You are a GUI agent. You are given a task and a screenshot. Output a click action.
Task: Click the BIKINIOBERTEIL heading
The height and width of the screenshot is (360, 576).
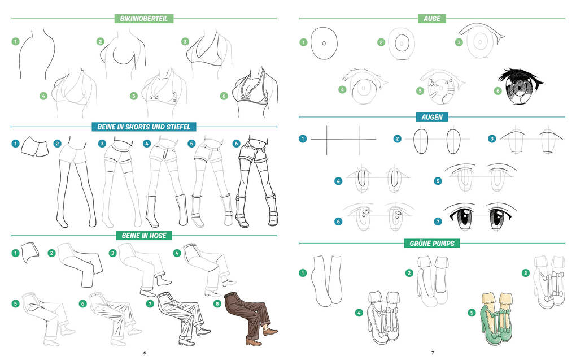tap(143, 19)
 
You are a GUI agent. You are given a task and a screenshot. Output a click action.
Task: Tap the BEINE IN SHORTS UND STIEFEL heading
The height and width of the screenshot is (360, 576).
tap(143, 127)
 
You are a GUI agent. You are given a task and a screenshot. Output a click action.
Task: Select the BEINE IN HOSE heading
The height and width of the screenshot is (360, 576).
tap(144, 235)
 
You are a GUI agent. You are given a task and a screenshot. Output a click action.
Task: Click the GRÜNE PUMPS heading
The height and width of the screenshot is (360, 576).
tap(432, 243)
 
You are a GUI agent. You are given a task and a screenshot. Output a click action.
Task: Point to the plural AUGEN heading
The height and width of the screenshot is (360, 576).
tap(432, 117)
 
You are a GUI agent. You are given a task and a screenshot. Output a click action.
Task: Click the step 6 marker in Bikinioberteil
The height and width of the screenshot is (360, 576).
tap(224, 96)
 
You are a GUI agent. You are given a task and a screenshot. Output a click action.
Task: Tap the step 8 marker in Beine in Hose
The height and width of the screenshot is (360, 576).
tap(217, 303)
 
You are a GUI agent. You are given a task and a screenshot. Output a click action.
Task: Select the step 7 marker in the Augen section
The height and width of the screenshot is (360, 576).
tap(438, 222)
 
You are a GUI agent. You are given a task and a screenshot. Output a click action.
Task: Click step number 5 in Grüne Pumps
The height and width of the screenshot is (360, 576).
tap(472, 313)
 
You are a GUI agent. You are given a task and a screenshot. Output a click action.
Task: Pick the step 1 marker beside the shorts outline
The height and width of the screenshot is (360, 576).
tap(15, 144)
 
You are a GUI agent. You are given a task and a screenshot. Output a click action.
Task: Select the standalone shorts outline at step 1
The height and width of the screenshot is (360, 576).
tap(35, 146)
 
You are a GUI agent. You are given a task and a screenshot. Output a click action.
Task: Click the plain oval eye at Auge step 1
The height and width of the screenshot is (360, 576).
tap(324, 43)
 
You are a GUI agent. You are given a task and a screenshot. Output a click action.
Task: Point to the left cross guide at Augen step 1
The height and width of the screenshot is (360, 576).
tap(326, 140)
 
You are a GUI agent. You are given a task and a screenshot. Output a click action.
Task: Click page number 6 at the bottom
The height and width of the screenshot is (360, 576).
tap(145, 353)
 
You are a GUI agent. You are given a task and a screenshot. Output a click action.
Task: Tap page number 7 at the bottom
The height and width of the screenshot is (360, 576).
tap(433, 353)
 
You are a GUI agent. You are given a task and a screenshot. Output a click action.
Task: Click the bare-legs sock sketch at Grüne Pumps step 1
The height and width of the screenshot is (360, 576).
tap(327, 280)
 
